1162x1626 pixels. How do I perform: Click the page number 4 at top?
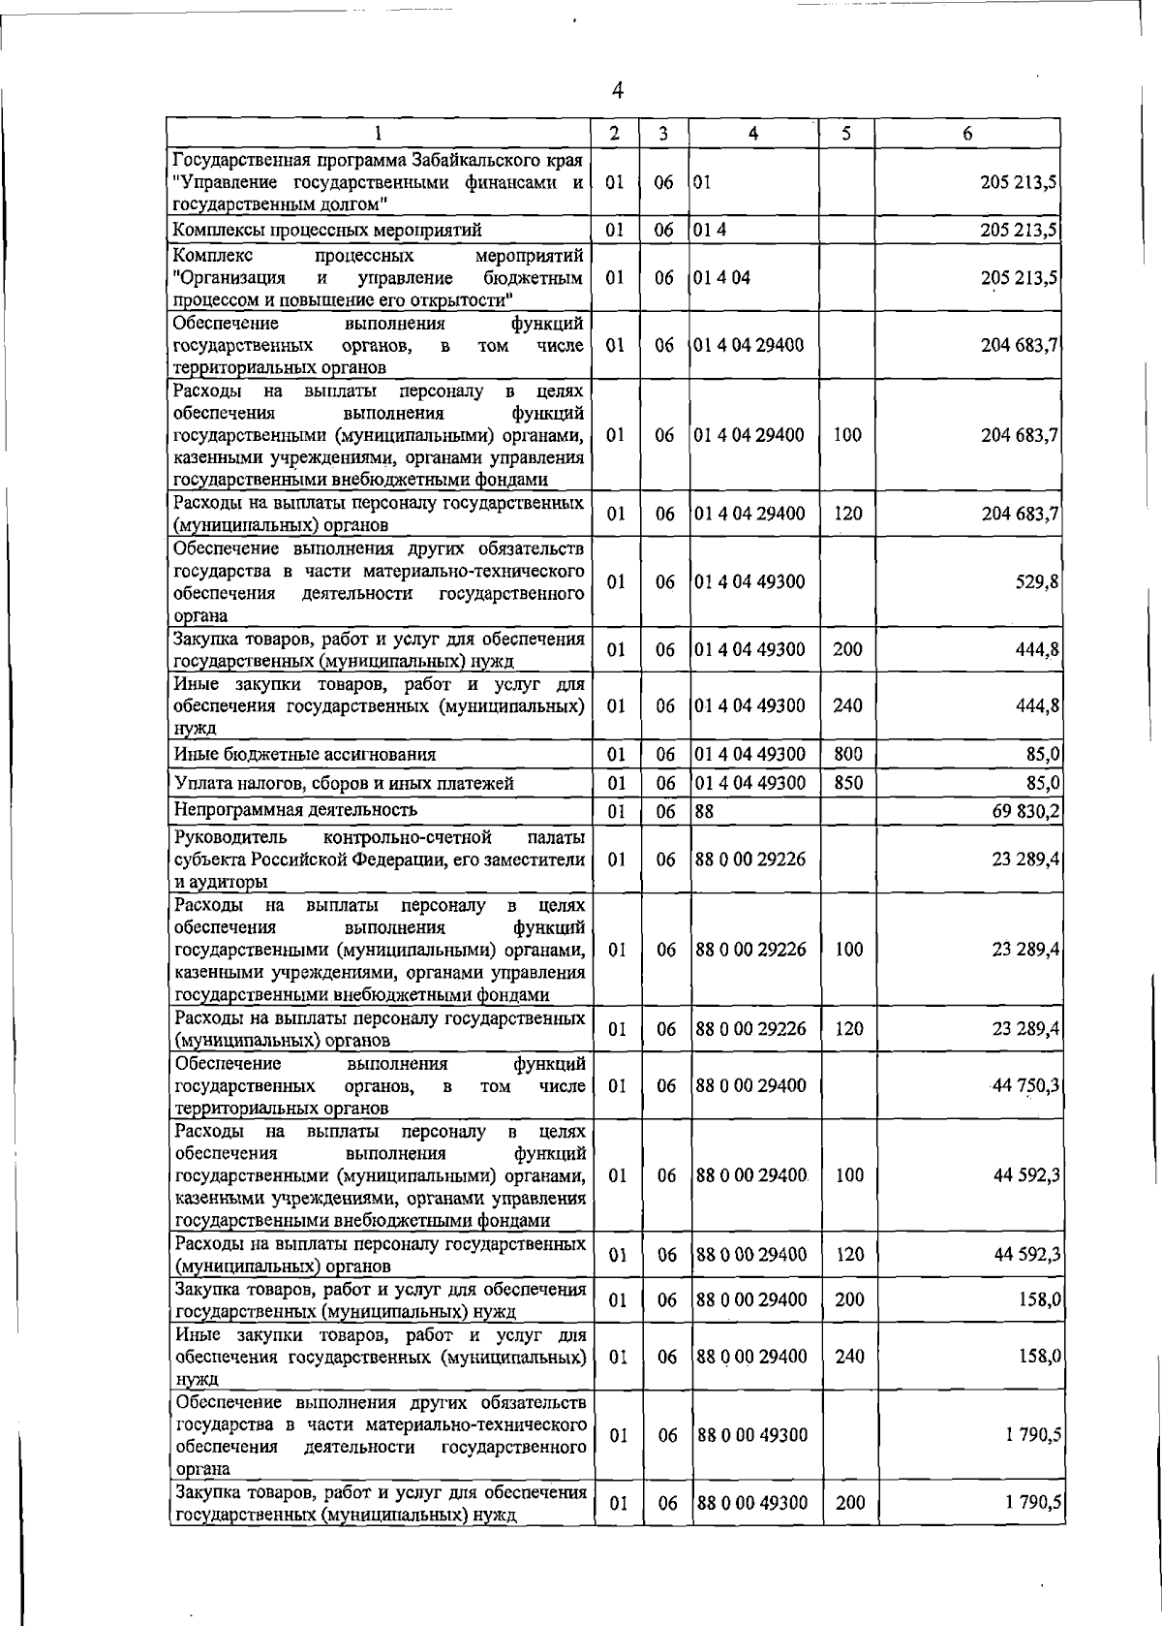point(618,90)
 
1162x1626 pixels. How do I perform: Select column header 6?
point(966,134)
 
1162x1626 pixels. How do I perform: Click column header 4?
point(752,134)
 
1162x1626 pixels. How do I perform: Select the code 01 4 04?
point(721,278)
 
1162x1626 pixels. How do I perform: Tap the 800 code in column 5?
point(847,754)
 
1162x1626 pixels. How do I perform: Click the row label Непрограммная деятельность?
point(295,809)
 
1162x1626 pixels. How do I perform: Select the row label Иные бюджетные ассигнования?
point(304,754)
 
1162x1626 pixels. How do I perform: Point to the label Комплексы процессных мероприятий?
point(326,230)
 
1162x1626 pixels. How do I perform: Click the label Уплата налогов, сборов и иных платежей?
point(343,783)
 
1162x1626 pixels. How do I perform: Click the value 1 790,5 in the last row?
point(1033,1529)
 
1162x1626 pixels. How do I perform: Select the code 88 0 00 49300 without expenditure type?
point(751,1435)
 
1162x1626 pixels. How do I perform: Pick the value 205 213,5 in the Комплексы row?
point(1019,230)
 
